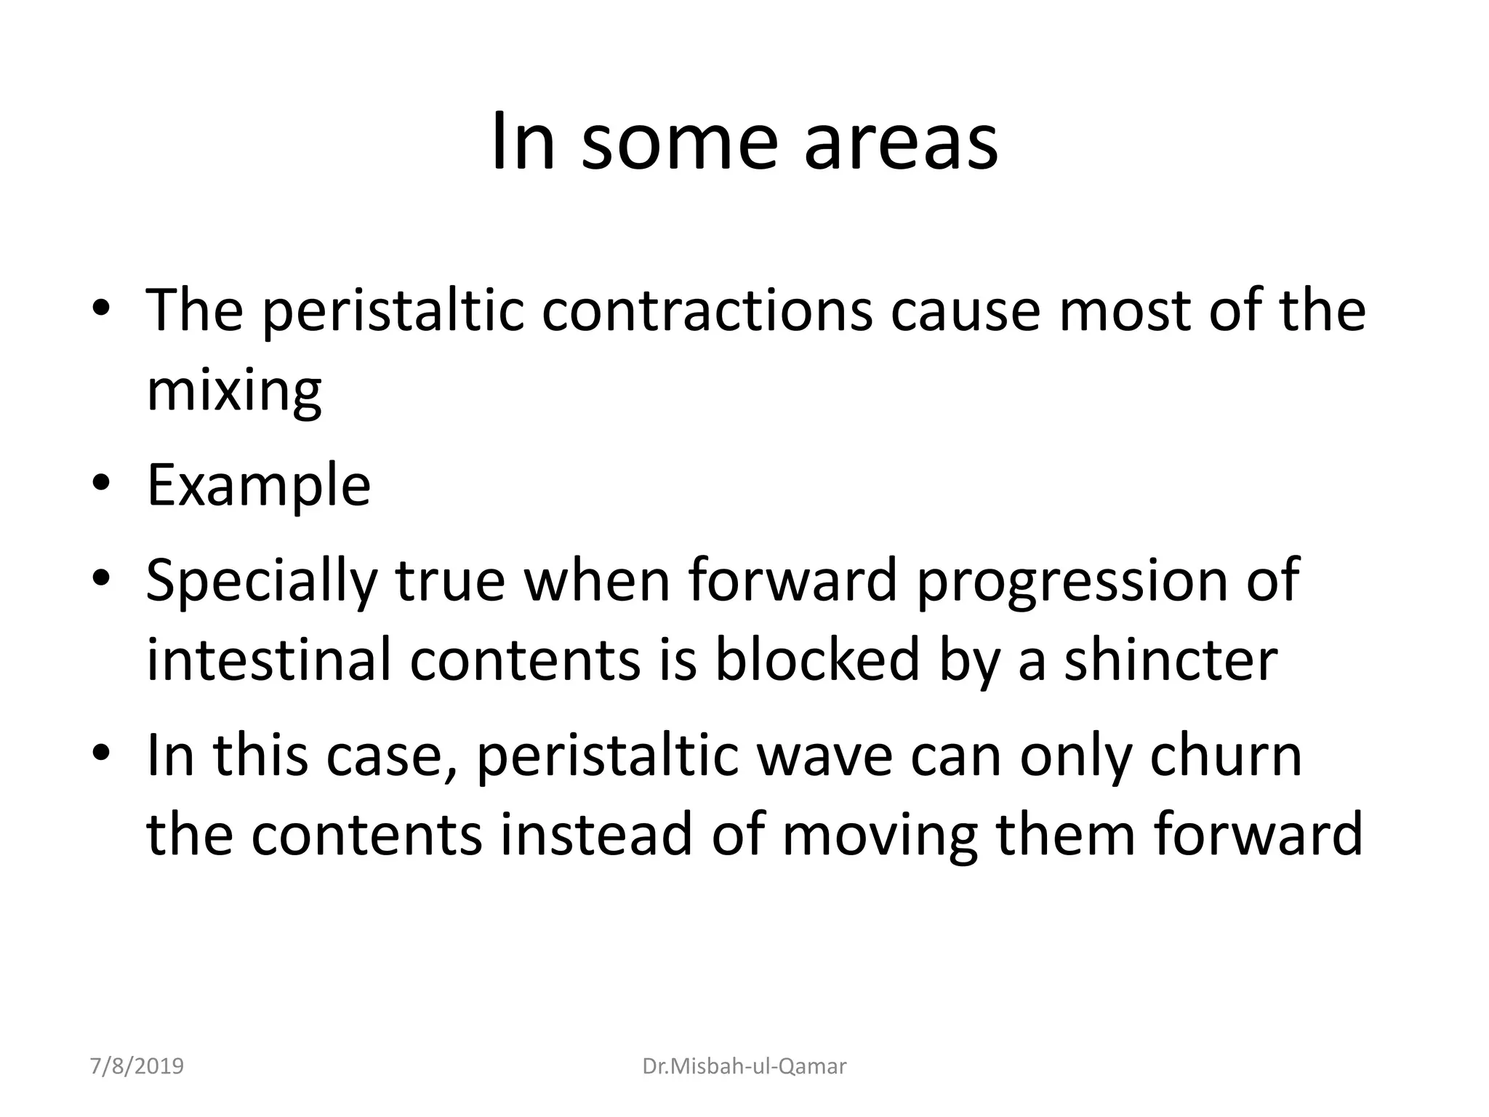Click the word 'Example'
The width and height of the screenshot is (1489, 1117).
(258, 485)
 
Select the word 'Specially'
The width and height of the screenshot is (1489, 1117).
(261, 582)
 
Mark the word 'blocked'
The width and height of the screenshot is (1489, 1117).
(817, 660)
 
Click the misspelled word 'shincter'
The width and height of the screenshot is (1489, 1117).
(1171, 660)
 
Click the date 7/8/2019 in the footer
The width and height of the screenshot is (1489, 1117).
(137, 1066)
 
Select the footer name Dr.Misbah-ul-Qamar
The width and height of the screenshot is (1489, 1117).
(744, 1066)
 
